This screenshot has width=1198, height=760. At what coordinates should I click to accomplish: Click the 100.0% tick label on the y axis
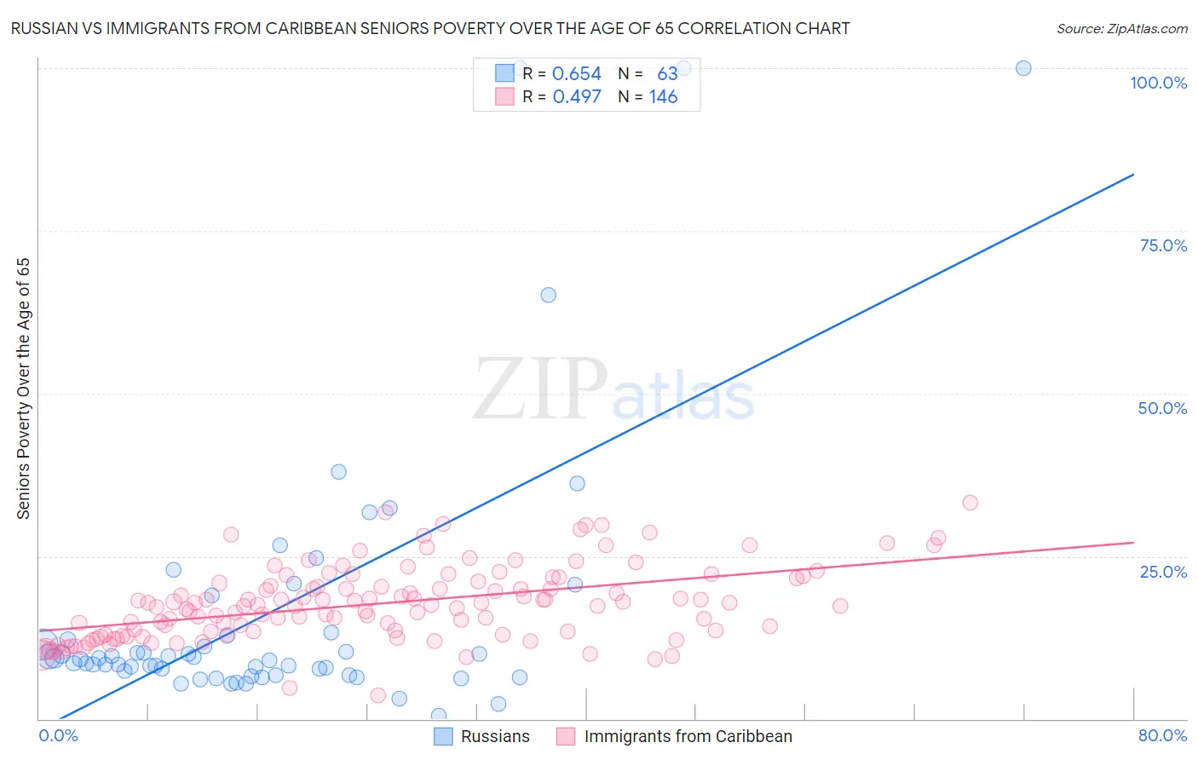1158,83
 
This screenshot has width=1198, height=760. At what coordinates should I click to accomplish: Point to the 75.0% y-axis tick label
1163,245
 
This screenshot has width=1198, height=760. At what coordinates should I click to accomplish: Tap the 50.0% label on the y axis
1162,408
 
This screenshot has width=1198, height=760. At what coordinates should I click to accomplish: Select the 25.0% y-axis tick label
1163,571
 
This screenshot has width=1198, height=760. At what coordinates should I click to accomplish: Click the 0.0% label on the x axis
58,735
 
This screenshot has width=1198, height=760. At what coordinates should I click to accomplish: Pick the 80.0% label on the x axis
1162,735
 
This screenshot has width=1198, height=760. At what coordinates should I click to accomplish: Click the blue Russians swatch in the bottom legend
443,736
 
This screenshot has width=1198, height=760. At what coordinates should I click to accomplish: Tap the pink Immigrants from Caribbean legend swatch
566,736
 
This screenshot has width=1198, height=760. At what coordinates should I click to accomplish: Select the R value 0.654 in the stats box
577,74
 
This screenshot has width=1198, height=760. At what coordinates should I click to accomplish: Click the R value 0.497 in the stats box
577,97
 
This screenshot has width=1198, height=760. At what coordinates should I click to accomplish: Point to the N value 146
663,97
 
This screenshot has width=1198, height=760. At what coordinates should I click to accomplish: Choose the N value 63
667,74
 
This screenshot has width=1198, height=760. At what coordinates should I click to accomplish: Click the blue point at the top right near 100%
1023,68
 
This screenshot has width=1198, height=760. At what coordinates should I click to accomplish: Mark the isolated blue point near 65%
549,295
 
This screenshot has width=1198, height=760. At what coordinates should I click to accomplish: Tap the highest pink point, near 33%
970,503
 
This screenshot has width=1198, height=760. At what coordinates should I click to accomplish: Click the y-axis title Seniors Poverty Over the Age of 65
24,389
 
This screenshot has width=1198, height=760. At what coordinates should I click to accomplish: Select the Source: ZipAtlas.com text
1121,29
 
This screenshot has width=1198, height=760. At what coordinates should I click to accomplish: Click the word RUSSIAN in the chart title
44,29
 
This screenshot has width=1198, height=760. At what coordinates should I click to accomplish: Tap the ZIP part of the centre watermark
539,389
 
